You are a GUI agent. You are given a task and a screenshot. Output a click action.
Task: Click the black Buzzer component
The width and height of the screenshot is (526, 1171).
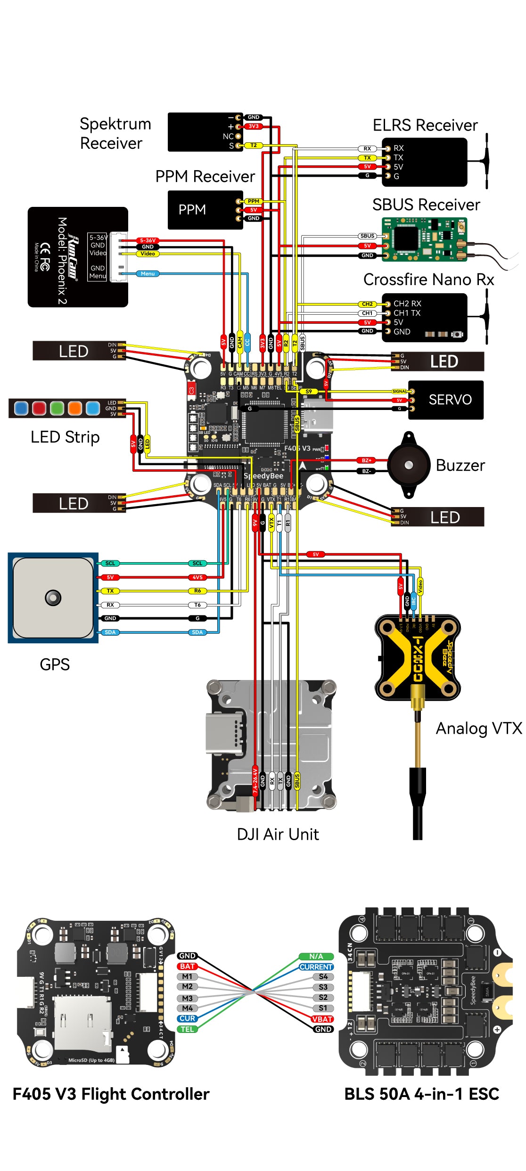pyautogui.click(x=409, y=465)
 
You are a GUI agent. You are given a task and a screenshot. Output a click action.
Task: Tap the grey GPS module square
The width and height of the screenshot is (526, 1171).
pyautogui.click(x=53, y=598)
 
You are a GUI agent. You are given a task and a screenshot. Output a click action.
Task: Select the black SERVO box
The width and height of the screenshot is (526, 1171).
pyautogui.click(x=446, y=400)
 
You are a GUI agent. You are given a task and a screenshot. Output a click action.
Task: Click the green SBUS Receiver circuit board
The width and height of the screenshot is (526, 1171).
pyautogui.click(x=424, y=239)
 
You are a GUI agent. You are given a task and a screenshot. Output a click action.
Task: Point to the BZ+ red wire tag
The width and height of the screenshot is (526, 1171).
pyautogui.click(x=366, y=460)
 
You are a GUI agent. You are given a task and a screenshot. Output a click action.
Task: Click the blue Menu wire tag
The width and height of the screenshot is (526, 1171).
pyautogui.click(x=148, y=273)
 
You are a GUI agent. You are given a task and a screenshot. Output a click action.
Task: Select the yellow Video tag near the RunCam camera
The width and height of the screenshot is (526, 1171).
pyautogui.click(x=148, y=254)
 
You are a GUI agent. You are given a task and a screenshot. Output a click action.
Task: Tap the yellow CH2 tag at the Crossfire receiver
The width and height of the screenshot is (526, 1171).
pyautogui.click(x=367, y=304)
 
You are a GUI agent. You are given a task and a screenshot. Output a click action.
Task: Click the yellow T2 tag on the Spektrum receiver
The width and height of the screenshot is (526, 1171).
pyautogui.click(x=253, y=145)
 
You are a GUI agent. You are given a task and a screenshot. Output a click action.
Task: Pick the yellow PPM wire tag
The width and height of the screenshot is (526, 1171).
pyautogui.click(x=253, y=201)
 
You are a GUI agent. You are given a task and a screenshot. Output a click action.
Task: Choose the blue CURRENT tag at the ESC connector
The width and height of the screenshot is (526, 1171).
pyautogui.click(x=316, y=966)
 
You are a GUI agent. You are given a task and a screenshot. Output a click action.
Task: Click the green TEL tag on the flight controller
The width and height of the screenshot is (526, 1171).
pyautogui.click(x=187, y=1029)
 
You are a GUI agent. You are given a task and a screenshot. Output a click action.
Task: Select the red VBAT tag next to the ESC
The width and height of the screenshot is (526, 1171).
pyautogui.click(x=322, y=1019)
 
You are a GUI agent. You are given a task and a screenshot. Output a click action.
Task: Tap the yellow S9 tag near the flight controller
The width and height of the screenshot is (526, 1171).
pyautogui.click(x=308, y=391)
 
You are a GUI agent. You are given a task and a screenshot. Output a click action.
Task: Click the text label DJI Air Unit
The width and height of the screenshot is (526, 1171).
pyautogui.click(x=278, y=834)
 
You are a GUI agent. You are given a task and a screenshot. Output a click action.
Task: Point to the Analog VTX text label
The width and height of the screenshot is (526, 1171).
pyautogui.click(x=478, y=728)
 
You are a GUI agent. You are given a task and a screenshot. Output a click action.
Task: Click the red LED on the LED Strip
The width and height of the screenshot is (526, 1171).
pyautogui.click(x=39, y=408)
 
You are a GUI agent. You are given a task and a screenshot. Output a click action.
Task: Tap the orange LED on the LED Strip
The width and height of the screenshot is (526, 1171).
pyautogui.click(x=75, y=408)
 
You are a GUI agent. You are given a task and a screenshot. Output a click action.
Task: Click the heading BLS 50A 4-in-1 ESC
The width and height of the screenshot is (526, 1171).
pyautogui.click(x=421, y=1094)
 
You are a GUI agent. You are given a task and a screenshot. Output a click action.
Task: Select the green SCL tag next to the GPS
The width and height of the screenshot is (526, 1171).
pyautogui.click(x=110, y=563)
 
